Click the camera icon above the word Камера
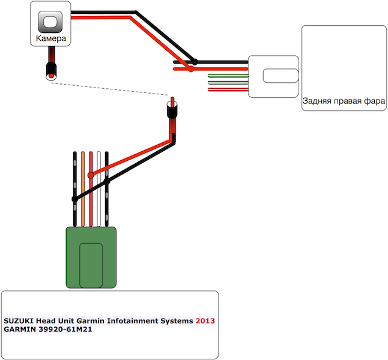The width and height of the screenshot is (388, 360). [50, 22]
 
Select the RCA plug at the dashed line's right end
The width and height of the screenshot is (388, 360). [172, 112]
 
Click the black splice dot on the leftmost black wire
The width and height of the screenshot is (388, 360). [74, 199]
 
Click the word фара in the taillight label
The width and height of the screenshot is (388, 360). [374, 101]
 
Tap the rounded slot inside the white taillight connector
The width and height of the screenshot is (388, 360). [281, 76]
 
